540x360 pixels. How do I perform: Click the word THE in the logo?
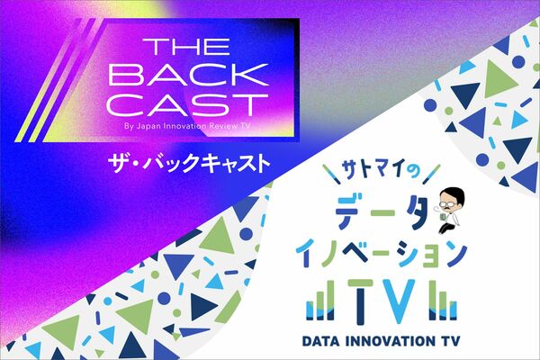click(x=186, y=47)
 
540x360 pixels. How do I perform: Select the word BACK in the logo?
click(x=188, y=75)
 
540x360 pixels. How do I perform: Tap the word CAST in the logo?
click(x=188, y=105)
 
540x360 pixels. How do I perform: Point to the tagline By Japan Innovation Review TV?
click(x=187, y=126)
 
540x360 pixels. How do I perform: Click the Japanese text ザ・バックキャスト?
click(x=189, y=163)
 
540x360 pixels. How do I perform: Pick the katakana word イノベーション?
click(x=381, y=254)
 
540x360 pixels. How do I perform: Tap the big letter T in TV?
click(x=360, y=301)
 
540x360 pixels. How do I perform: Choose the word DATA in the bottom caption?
click(x=320, y=341)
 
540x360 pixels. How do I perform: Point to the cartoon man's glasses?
click(x=449, y=204)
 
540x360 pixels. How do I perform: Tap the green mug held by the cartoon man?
click(x=443, y=217)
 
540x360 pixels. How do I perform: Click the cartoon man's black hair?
click(x=454, y=194)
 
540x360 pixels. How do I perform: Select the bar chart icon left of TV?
click(x=320, y=301)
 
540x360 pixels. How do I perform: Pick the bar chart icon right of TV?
click(x=443, y=301)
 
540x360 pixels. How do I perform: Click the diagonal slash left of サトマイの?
click(x=332, y=174)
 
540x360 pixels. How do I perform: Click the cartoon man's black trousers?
click(x=446, y=228)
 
